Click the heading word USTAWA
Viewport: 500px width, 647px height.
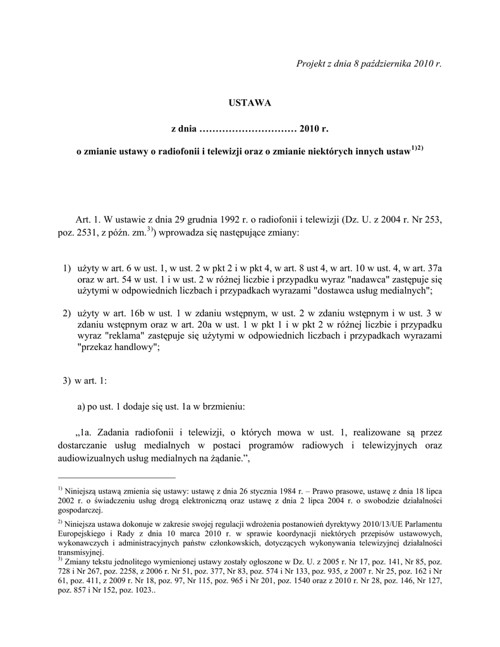pyautogui.click(x=249, y=102)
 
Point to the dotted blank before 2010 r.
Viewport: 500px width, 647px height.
pyautogui.click(x=248, y=129)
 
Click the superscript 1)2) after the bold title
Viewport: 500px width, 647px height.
pyautogui.click(x=417, y=148)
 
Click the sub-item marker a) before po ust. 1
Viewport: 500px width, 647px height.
pyautogui.click(x=82, y=405)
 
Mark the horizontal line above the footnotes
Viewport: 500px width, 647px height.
pyautogui.click(x=116, y=478)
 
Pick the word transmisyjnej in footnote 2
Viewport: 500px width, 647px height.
pyautogui.click(x=78, y=551)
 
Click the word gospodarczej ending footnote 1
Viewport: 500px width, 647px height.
pyautogui.click(x=79, y=511)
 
